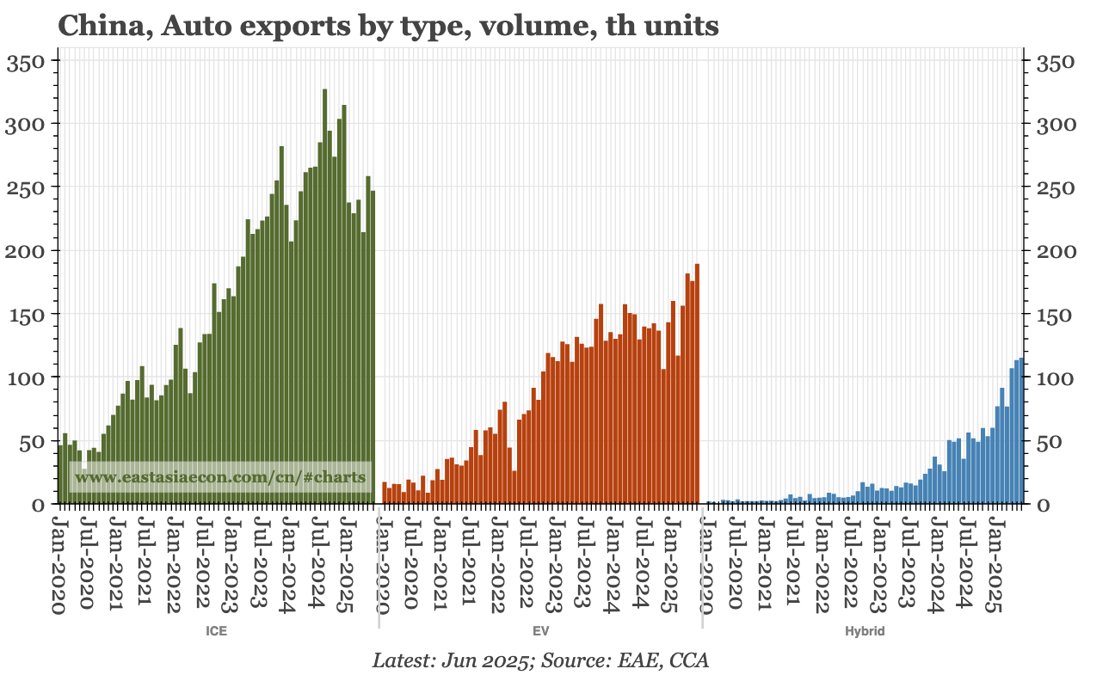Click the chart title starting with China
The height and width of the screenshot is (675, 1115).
[387, 26]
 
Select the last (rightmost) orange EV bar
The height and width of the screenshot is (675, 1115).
[697, 384]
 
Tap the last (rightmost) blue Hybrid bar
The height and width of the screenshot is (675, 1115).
[1021, 431]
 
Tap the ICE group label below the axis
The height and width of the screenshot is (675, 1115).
[216, 631]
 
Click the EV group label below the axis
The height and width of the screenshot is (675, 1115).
[541, 631]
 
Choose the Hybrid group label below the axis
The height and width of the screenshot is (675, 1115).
[865, 631]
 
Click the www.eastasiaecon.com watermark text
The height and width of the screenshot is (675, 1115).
[220, 476]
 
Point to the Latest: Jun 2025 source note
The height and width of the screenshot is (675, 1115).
[540, 660]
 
